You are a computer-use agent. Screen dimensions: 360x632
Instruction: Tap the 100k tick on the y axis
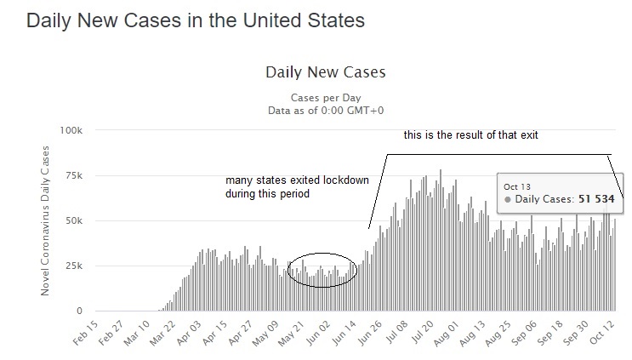[70, 130]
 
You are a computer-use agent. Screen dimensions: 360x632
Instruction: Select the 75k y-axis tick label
[73, 175]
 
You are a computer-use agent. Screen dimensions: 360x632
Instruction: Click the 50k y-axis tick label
[73, 220]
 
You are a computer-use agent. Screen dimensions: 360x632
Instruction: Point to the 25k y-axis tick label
[73, 266]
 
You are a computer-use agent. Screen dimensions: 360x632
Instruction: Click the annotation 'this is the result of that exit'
[470, 134]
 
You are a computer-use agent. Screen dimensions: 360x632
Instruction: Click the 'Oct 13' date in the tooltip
[517, 186]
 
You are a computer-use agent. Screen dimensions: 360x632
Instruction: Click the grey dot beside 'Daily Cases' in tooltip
[507, 198]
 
